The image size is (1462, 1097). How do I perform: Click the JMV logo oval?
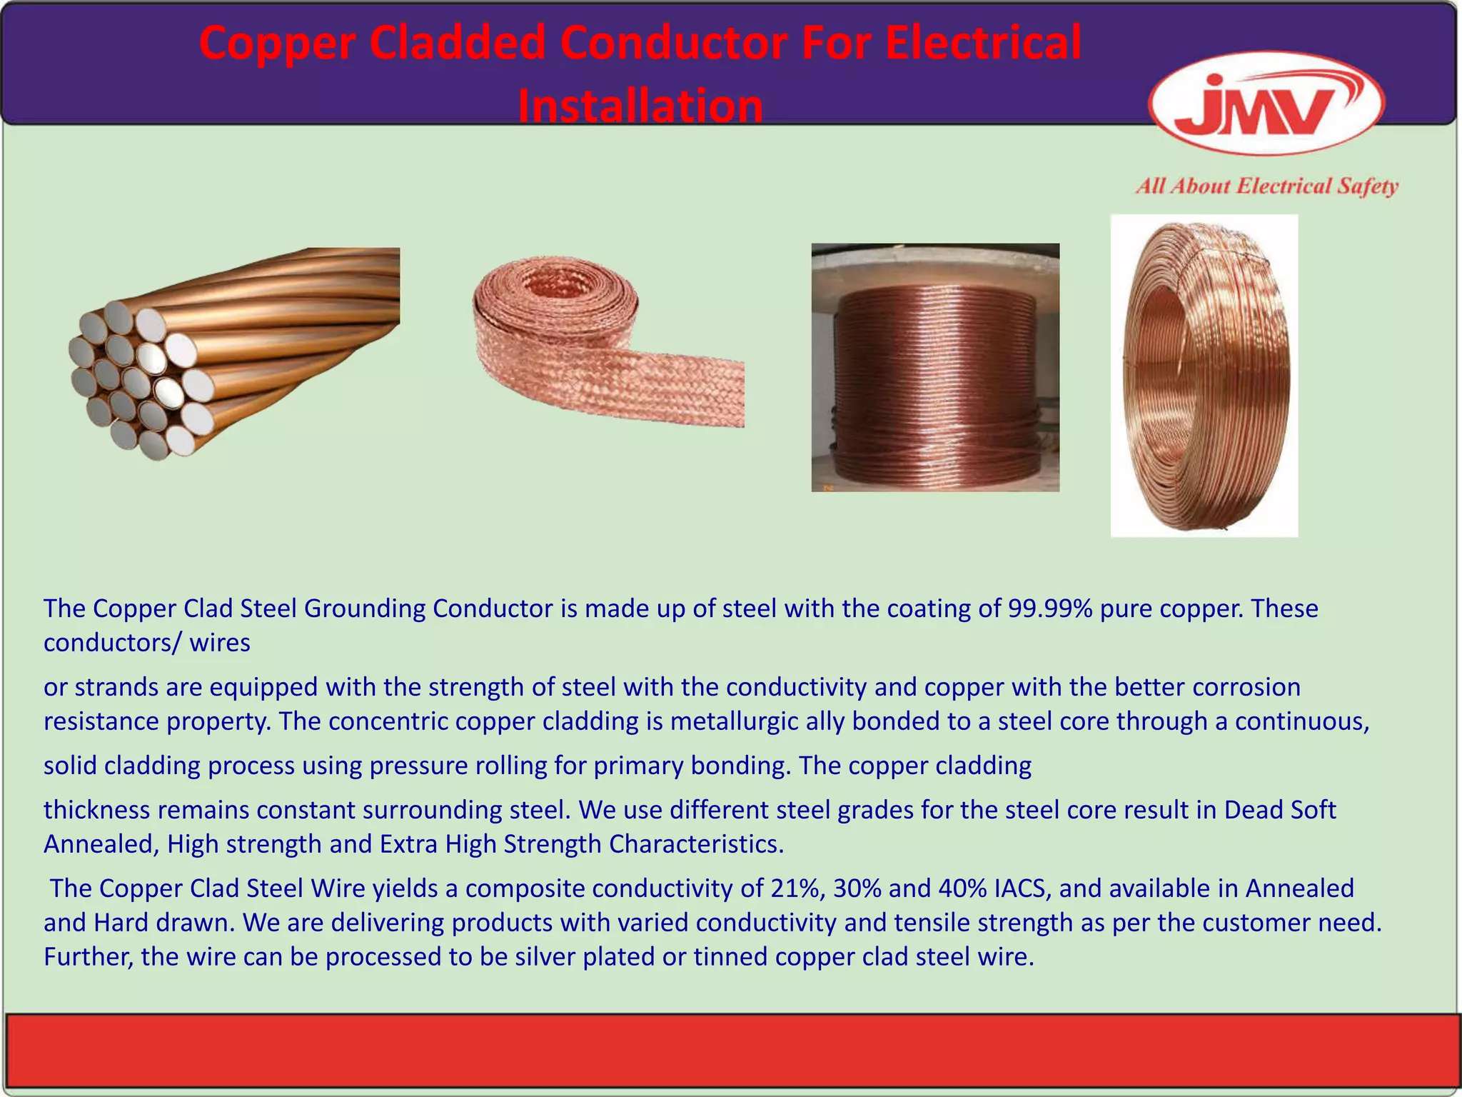[x=1266, y=104]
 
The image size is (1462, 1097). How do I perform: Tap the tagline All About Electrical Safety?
[x=1266, y=187]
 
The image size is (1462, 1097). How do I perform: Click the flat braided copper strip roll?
[x=607, y=343]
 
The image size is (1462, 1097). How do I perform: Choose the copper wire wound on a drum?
[x=935, y=368]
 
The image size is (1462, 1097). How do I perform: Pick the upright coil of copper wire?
[x=1204, y=376]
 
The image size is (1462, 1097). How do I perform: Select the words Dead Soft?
[x=1280, y=810]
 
